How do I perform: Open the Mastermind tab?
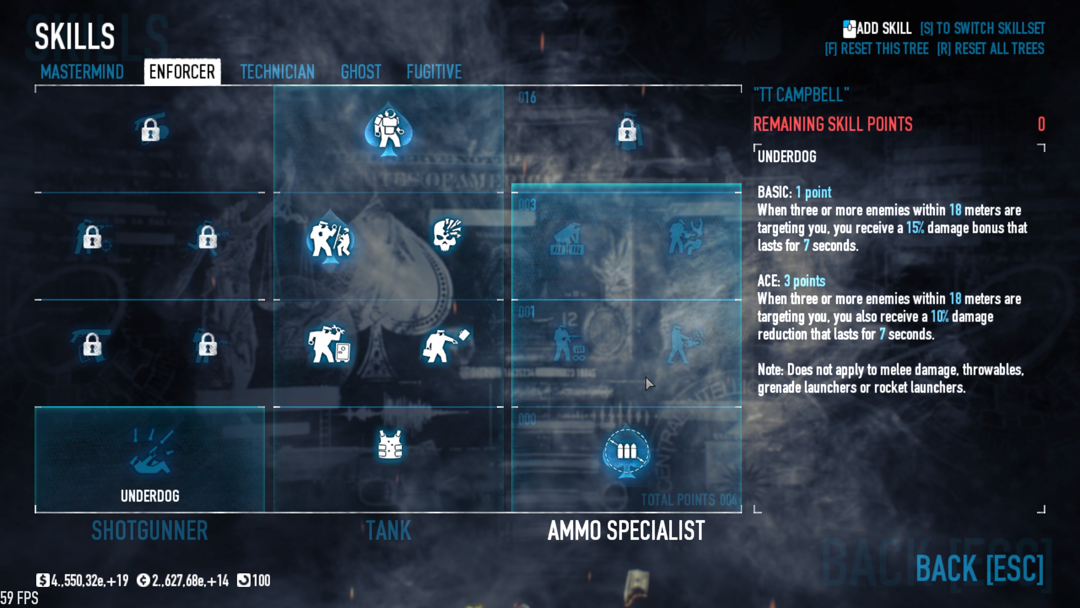(82, 72)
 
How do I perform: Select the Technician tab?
(277, 72)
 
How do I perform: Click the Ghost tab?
(361, 72)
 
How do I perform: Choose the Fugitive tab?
(434, 72)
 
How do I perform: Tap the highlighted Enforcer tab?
(182, 72)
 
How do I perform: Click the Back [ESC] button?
(979, 568)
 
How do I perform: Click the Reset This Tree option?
(877, 49)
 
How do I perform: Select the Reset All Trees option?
(991, 49)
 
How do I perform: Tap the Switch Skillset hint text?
(982, 28)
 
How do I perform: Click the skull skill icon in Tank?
(447, 234)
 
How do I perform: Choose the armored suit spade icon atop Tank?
(388, 129)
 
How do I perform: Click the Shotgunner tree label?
(150, 530)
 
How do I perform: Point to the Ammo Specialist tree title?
(626, 530)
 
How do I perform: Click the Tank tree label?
(388, 530)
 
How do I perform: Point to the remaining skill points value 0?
(1041, 124)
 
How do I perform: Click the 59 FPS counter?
(19, 598)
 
